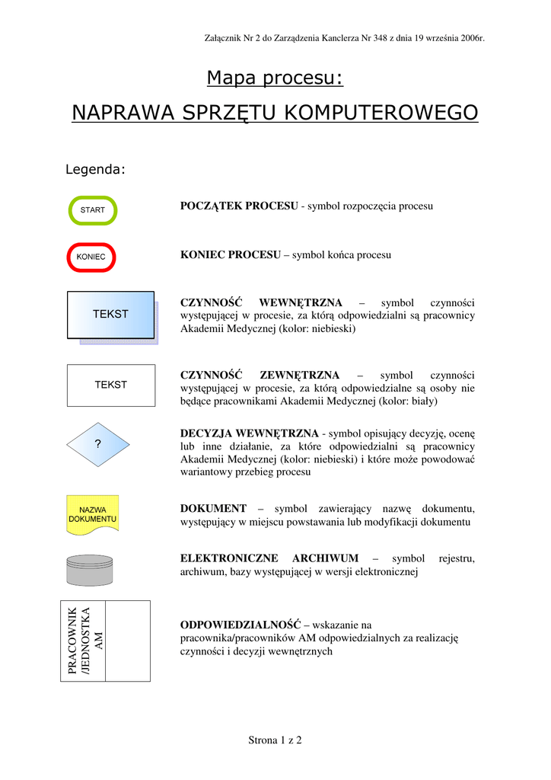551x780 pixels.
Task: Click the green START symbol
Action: point(93,210)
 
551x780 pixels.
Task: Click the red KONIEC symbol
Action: point(91,257)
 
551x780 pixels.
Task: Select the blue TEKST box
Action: point(111,314)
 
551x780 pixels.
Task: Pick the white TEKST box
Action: point(110,385)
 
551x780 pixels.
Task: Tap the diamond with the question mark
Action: point(97,443)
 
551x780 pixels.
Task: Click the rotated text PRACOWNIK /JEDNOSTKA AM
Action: point(84,641)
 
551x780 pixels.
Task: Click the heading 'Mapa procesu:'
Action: point(275,78)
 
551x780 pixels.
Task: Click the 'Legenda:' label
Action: point(95,169)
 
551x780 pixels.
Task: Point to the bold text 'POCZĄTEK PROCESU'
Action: point(239,206)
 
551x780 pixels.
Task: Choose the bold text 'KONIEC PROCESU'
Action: point(231,255)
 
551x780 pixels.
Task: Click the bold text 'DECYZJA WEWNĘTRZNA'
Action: point(250,433)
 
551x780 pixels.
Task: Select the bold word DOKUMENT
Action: point(213,508)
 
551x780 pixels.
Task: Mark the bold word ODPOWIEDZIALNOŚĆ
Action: point(240,625)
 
